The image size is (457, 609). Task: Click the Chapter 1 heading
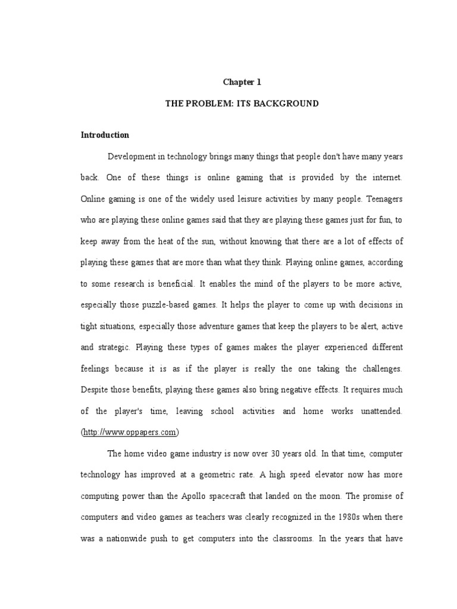[242, 82]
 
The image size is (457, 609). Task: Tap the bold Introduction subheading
[105, 135]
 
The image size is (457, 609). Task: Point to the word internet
[386, 178]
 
